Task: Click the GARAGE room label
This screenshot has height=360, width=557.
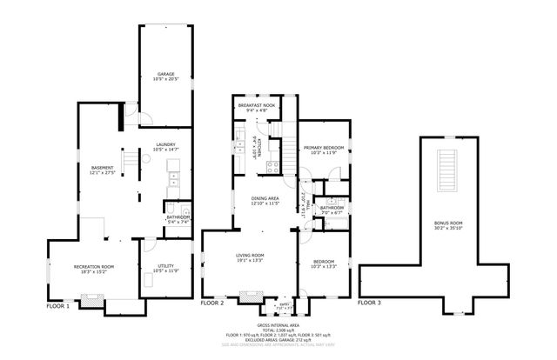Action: (x=165, y=74)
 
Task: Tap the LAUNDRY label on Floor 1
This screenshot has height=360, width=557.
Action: (x=165, y=145)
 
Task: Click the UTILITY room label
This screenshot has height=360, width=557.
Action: (x=167, y=266)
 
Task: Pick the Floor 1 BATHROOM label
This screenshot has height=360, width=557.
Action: (x=178, y=217)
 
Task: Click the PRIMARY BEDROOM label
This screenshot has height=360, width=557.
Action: (x=323, y=149)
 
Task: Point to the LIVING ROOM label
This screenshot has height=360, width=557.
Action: (x=250, y=255)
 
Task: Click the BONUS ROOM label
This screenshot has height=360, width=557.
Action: (x=448, y=223)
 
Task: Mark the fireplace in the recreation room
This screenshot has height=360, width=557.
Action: (x=91, y=301)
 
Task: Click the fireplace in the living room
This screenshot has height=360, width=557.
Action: (x=251, y=305)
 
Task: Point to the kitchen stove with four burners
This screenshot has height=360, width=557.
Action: (x=272, y=163)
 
